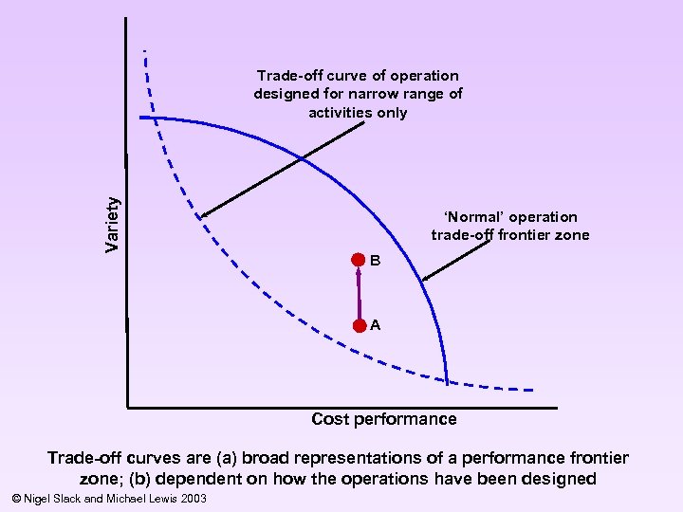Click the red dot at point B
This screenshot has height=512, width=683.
[358, 259]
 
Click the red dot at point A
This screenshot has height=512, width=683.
[359, 325]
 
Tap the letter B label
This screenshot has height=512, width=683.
[376, 260]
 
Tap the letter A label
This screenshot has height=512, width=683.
[377, 325]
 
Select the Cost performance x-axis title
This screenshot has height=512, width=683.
[384, 419]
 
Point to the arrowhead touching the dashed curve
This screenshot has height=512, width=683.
[202, 215]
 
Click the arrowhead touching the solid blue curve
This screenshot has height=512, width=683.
[425, 279]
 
